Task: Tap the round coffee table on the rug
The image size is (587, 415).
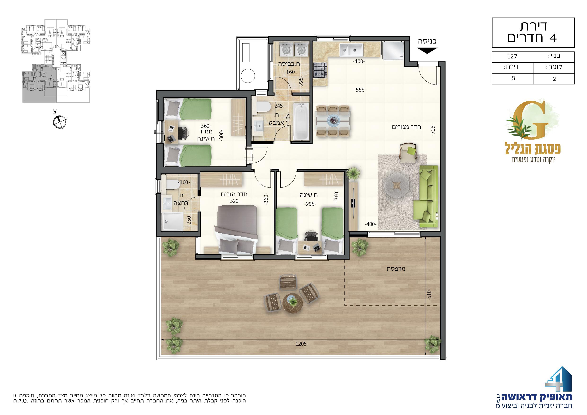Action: pyautogui.click(x=397, y=185)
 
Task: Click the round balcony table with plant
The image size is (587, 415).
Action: pyautogui.click(x=293, y=302)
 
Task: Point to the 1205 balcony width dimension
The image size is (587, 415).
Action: pyautogui.click(x=301, y=344)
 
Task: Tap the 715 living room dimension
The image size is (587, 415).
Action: pyautogui.click(x=433, y=129)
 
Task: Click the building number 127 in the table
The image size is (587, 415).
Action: pyautogui.click(x=512, y=57)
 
